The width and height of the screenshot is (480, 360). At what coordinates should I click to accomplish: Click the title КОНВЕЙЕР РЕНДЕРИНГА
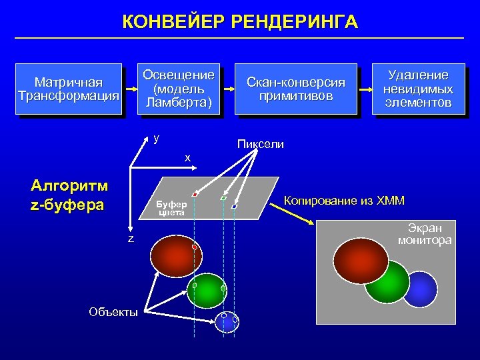[240, 22]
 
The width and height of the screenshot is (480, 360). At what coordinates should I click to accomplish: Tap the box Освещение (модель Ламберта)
[179, 88]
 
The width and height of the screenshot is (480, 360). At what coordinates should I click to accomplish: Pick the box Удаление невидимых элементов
[419, 89]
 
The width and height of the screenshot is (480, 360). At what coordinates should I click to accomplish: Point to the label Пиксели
[261, 144]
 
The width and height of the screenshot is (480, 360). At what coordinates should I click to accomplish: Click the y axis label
[156, 138]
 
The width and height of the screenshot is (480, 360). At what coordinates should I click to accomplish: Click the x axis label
[188, 157]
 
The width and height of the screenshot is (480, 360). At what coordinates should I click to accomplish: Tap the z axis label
[131, 238]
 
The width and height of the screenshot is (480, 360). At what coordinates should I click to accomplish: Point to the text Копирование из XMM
[344, 201]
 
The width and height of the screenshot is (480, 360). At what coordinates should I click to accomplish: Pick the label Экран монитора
[425, 234]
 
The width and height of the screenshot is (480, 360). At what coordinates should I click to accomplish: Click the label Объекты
[113, 311]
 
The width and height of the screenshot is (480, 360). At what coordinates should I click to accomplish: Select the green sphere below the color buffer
[207, 290]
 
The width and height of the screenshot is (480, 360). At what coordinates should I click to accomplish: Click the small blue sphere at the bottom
[227, 323]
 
